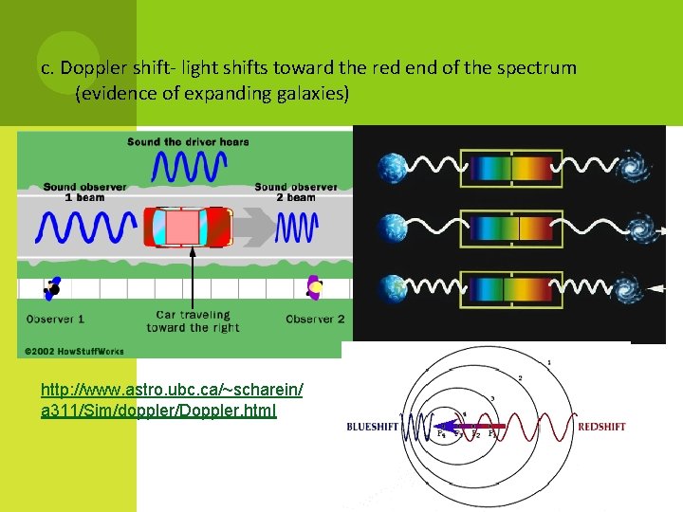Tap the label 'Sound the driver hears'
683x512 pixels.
coord(188,142)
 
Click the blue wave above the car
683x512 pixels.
coord(188,168)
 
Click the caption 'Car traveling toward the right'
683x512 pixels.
coord(193,320)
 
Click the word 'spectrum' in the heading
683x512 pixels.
coord(543,68)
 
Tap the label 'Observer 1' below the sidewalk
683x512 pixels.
coord(55,320)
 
